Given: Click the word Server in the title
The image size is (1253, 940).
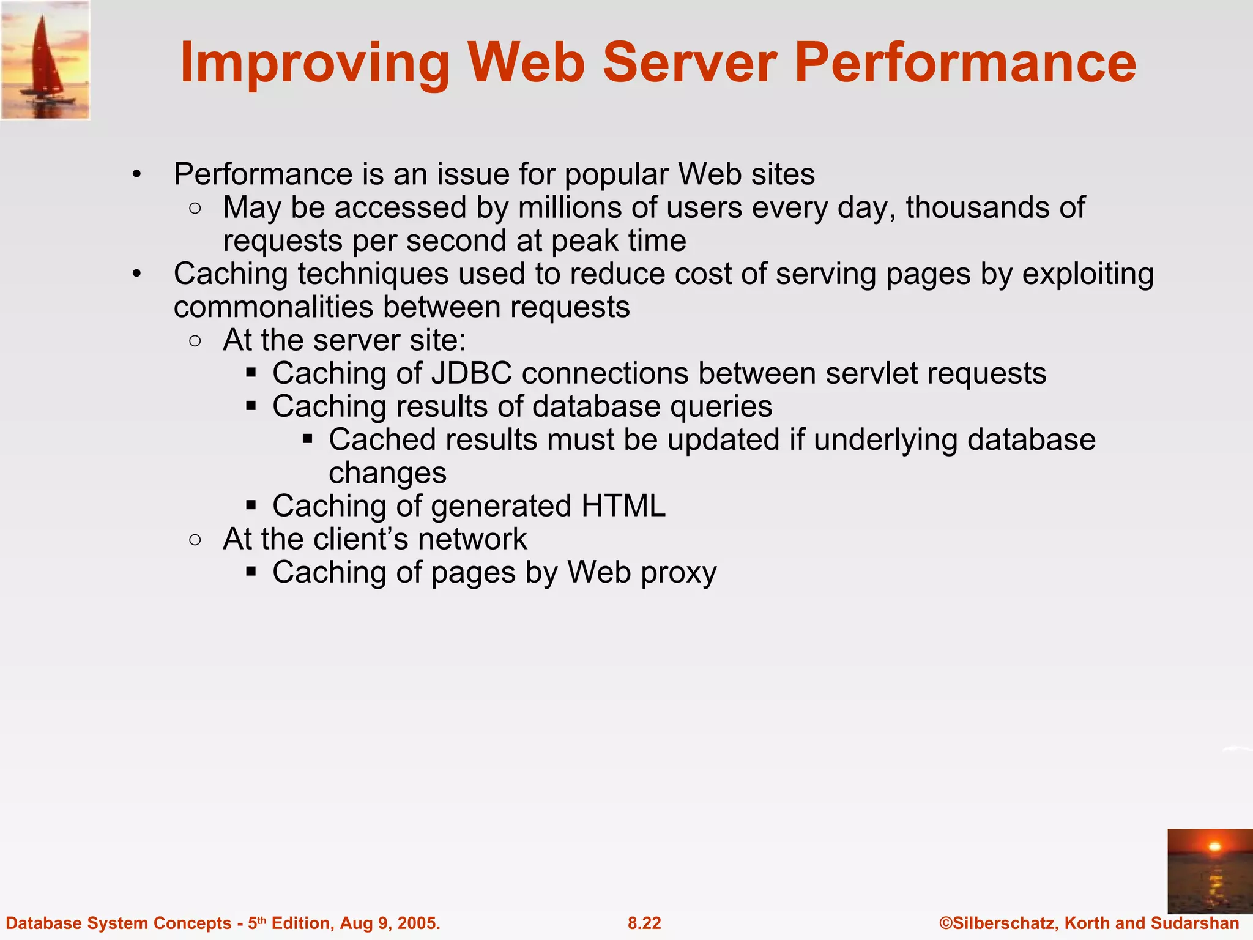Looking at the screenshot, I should pos(690,62).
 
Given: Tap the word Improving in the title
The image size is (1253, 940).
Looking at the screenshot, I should pos(315,64).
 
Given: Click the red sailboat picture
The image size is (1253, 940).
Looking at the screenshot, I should pos(45,60).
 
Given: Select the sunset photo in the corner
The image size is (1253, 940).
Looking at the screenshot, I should pos(1210,871).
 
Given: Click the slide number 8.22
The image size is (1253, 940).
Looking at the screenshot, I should pos(644,923).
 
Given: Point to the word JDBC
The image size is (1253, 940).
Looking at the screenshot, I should pos(471,373).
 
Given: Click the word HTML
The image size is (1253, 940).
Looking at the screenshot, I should pos(623,506).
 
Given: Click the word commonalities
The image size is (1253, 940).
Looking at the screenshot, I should pos(273,307).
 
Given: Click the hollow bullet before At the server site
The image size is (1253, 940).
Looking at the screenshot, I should pos(195,341).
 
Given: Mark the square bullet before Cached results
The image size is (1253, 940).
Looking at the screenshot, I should pos(308,439).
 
